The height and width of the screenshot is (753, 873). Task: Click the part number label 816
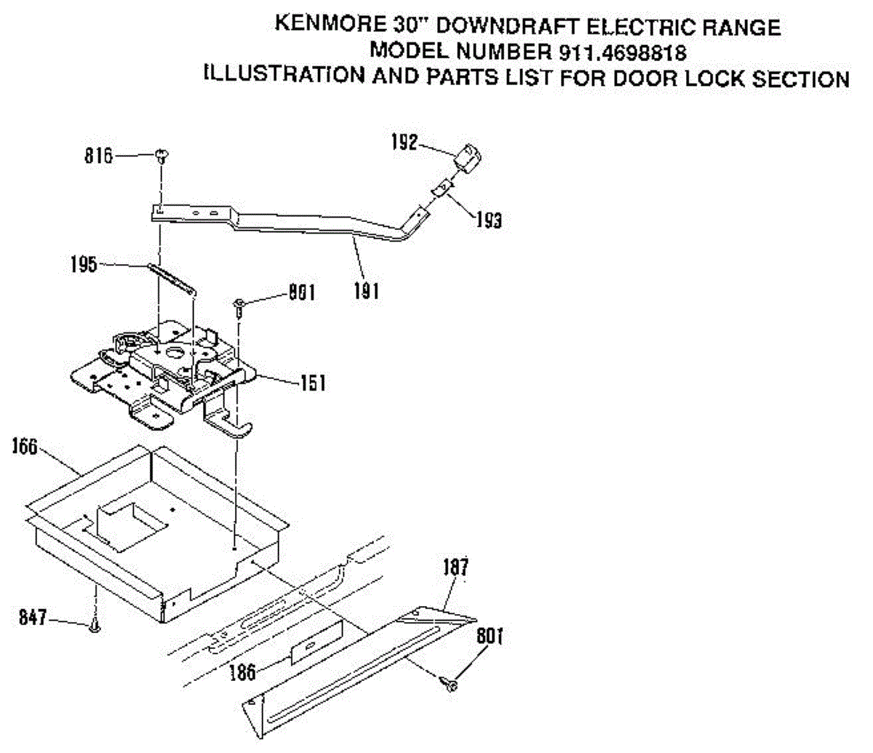(x=98, y=156)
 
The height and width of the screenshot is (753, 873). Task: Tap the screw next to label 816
(x=161, y=154)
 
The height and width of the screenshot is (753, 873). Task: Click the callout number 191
(x=367, y=291)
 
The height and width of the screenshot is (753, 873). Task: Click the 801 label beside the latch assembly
(x=300, y=292)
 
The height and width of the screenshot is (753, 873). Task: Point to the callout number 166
(x=25, y=446)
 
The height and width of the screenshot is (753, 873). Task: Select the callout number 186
(x=242, y=671)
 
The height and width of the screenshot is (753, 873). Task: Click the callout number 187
(x=455, y=567)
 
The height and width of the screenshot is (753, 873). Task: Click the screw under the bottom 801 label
(x=450, y=684)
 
